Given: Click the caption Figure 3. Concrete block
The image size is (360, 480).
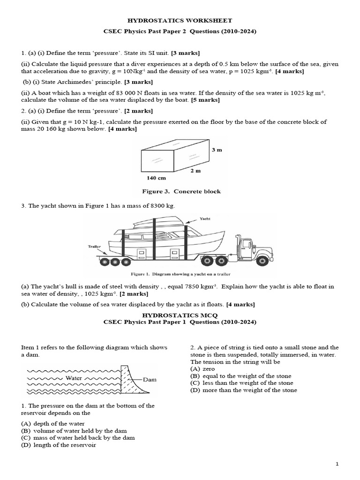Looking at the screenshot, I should point(181,191).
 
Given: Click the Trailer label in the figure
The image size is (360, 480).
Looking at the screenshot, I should point(93,246).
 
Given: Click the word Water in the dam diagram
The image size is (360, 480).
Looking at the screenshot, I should point(74,377).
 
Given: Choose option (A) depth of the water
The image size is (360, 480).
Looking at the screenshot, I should point(51,424).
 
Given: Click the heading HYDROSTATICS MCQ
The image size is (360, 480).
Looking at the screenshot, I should point(180,316).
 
